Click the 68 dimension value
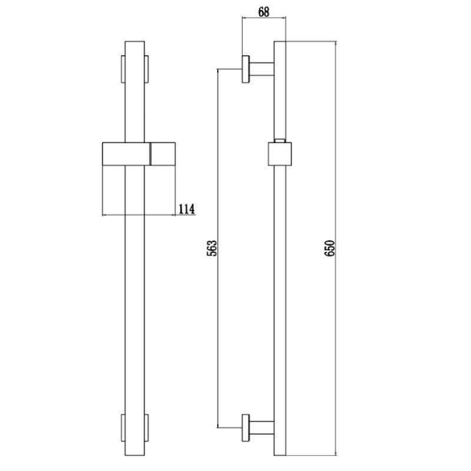263,12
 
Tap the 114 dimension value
187,209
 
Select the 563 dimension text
212,248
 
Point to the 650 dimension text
330,248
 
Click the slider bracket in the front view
139,154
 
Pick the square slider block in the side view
280,154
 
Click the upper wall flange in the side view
246,69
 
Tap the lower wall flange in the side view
246,428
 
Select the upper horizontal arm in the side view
261,69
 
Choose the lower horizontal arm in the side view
261,428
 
